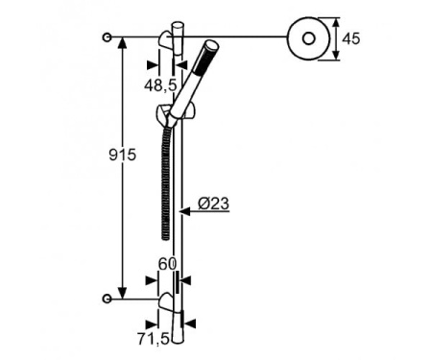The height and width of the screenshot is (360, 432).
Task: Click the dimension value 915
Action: click(123, 156)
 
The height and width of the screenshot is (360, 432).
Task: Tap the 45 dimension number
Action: click(351, 38)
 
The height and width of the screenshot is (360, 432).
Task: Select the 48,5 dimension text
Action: click(160, 85)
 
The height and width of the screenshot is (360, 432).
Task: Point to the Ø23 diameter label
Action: click(213, 204)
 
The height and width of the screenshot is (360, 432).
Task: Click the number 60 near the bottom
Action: click(167, 264)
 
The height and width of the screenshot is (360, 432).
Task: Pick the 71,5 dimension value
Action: click(154, 339)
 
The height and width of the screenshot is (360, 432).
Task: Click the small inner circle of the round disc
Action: click(309, 38)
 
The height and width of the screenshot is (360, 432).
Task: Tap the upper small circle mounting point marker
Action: click(107, 37)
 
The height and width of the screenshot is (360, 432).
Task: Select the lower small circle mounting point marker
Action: click(107, 299)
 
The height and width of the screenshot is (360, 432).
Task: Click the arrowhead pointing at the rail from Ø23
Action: click(184, 211)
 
